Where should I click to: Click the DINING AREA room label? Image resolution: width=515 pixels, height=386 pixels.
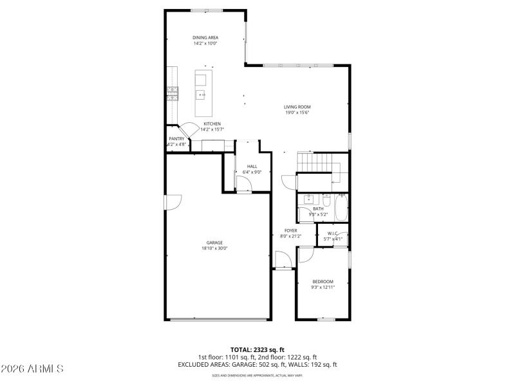205,37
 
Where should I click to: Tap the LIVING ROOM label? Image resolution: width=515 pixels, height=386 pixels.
297,107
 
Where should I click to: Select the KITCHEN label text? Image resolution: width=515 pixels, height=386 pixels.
212,124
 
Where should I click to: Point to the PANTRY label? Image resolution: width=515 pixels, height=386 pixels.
176,139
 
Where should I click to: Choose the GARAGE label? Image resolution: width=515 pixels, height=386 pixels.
214,243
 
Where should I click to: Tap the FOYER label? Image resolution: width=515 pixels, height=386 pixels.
290,230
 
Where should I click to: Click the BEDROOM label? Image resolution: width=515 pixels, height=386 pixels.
323,282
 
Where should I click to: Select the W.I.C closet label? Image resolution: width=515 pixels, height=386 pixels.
333,233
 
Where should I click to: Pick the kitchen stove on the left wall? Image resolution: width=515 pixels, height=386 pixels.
173,94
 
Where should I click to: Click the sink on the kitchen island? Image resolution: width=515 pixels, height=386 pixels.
202,96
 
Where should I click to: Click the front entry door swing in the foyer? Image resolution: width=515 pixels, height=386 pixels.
282,260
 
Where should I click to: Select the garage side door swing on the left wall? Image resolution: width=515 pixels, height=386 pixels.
173,203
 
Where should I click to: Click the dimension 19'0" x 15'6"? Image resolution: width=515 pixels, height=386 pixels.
297,113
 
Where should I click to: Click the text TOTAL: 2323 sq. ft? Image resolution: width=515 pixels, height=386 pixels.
257,349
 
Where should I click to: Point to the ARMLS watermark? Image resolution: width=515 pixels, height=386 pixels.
32,369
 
